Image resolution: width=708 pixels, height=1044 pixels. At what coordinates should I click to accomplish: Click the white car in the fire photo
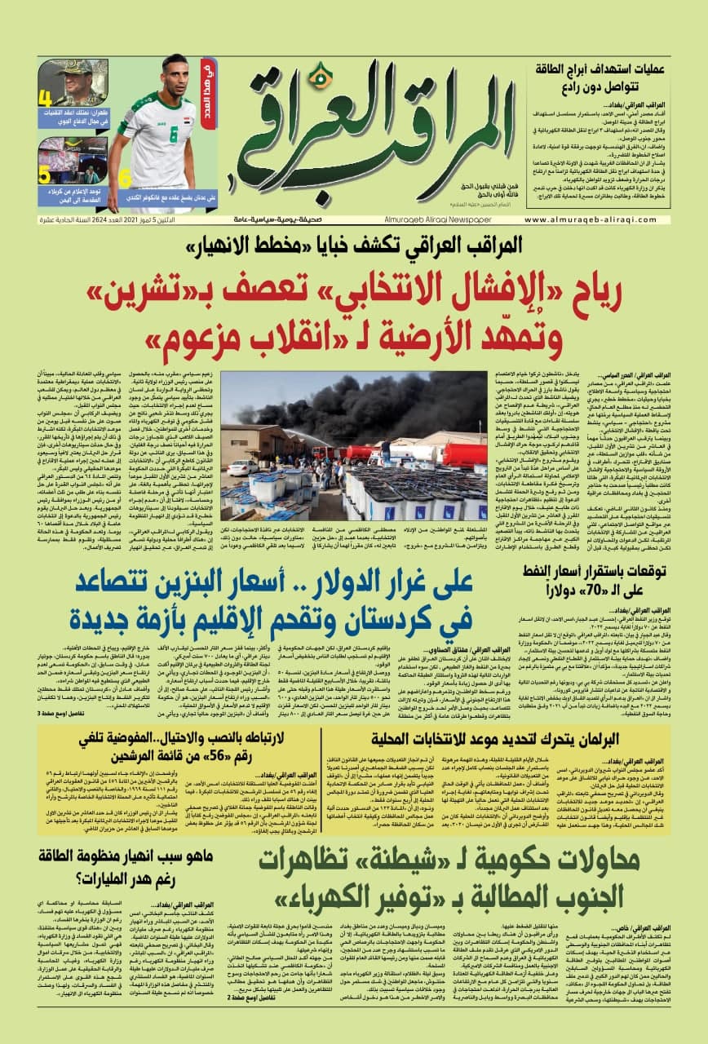(242, 467)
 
